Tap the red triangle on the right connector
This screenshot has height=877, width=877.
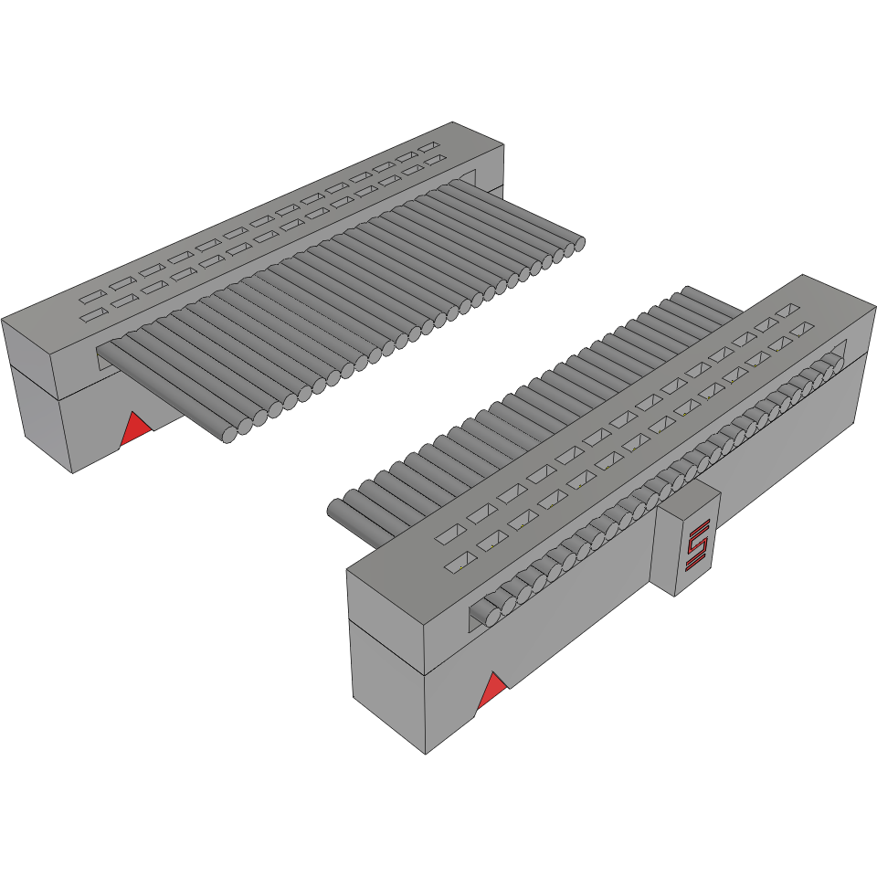(492, 692)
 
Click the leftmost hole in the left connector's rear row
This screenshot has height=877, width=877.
(91, 298)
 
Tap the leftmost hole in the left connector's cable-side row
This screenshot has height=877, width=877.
(91, 316)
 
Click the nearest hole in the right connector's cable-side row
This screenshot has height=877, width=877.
(449, 533)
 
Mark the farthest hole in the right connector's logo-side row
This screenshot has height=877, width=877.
(802, 328)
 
